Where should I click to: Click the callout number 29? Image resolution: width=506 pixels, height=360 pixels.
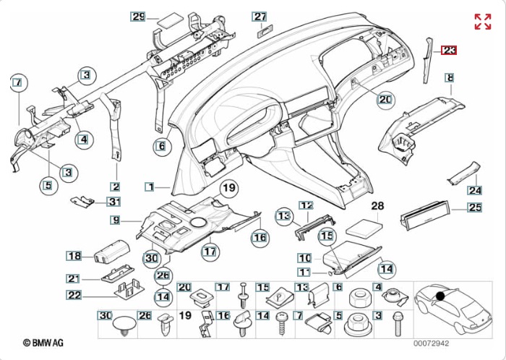(139, 16)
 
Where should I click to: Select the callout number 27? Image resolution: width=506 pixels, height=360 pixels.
(260, 16)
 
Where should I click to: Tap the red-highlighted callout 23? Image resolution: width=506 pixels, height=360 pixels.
(450, 50)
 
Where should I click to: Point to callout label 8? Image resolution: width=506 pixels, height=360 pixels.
(449, 77)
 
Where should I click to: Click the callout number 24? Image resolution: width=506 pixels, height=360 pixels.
(474, 191)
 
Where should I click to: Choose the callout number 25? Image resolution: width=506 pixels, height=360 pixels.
(474, 208)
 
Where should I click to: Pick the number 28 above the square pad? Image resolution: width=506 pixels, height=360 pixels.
(377, 207)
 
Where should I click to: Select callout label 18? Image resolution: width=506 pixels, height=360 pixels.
(74, 255)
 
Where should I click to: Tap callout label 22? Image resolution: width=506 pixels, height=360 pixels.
(74, 294)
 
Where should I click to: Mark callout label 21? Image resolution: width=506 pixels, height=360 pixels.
(74, 278)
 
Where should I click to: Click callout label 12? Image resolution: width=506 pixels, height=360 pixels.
(306, 206)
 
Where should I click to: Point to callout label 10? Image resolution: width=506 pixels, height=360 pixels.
(304, 257)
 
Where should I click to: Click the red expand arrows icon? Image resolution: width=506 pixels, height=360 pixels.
(483, 21)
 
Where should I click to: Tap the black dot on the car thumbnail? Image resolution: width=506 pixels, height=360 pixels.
(439, 296)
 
